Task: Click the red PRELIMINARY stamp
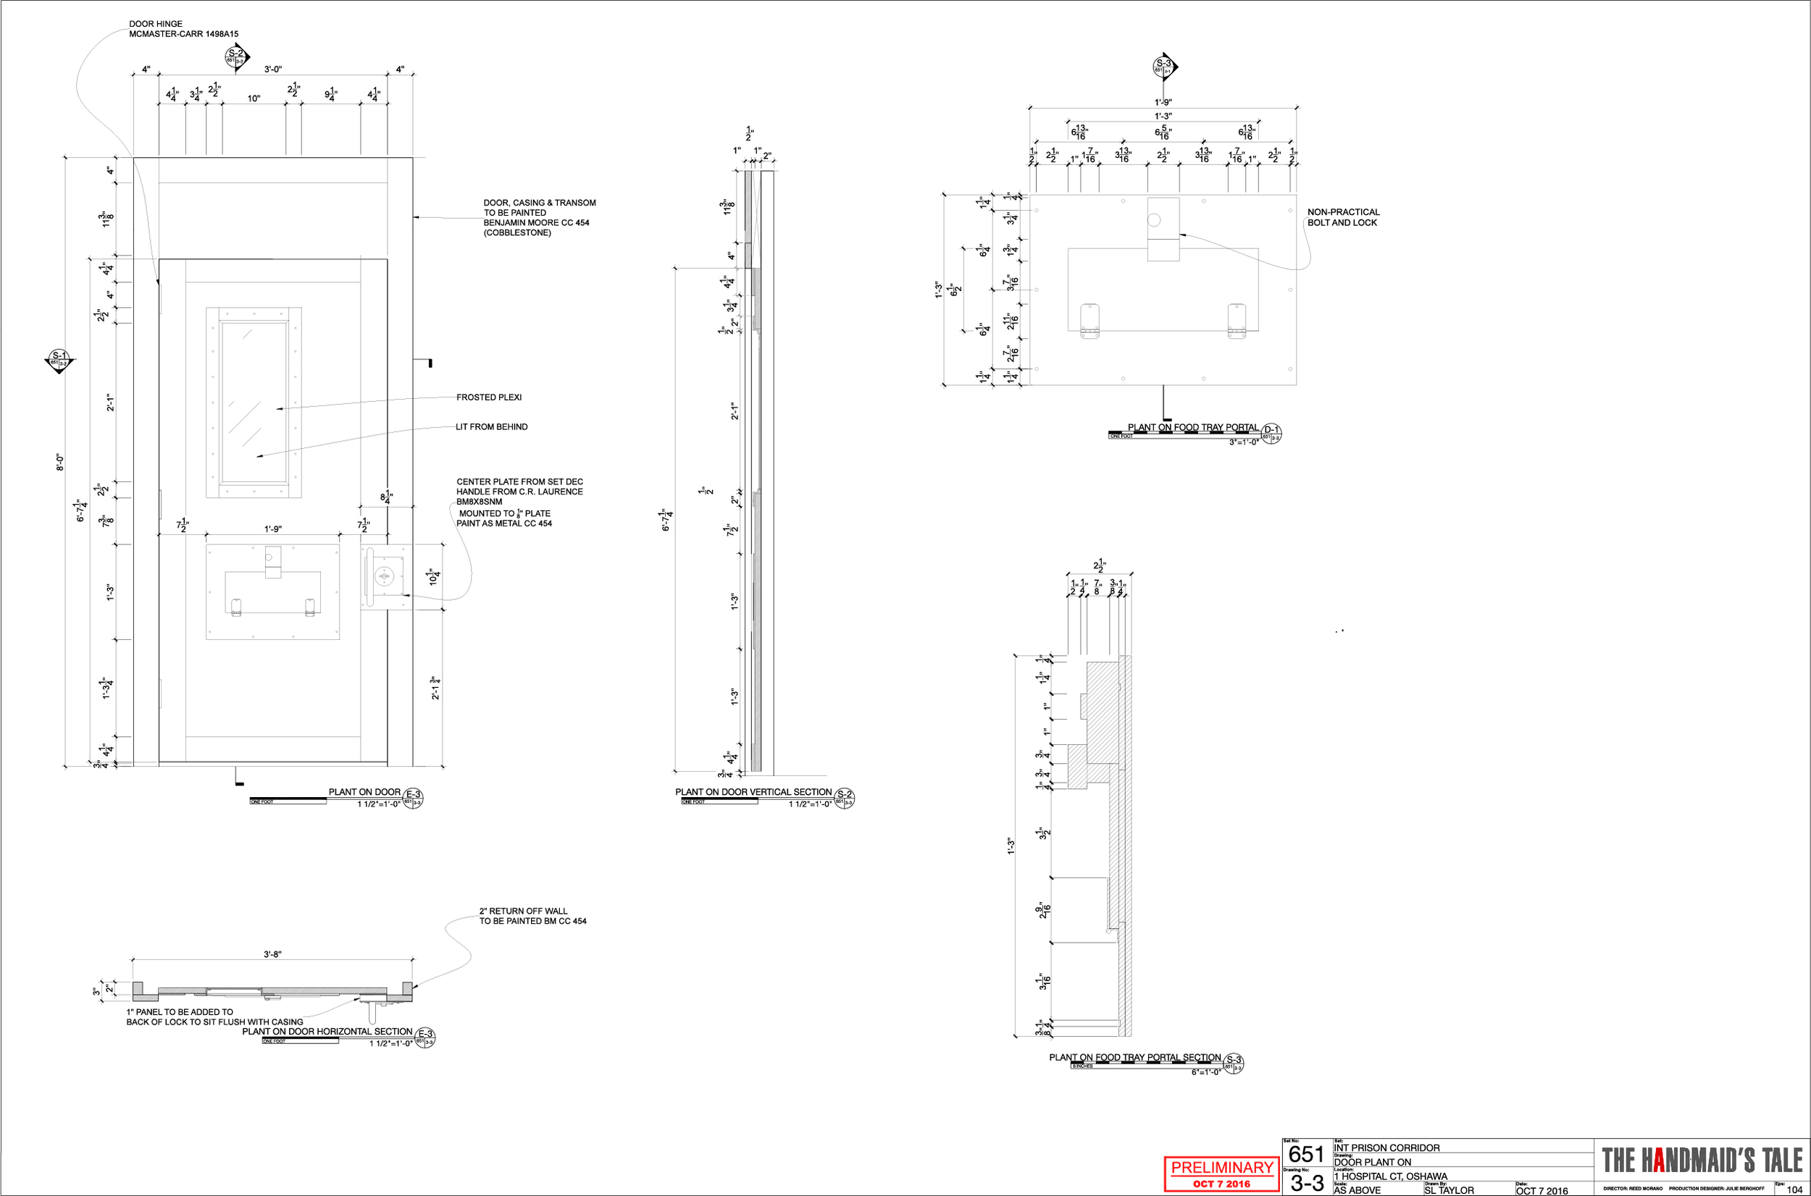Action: pos(1222,1173)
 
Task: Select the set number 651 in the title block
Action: pos(1306,1154)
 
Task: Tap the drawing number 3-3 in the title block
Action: pos(1307,1183)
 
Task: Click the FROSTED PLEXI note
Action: pos(489,397)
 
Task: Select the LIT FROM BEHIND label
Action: pos(491,427)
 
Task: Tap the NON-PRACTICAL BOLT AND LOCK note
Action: pos(1343,217)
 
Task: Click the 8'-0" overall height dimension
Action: pos(59,462)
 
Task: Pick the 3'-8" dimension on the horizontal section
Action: pos(272,954)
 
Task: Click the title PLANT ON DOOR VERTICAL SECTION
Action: pos(753,792)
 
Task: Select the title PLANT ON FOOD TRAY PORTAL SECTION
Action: pos(1135,1057)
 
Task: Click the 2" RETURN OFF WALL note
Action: pos(532,916)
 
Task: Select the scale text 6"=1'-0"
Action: pos(1206,1071)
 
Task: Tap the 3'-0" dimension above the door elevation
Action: pos(273,70)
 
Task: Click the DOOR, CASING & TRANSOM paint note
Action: pos(539,217)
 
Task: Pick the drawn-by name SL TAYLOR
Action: pos(1450,1190)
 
